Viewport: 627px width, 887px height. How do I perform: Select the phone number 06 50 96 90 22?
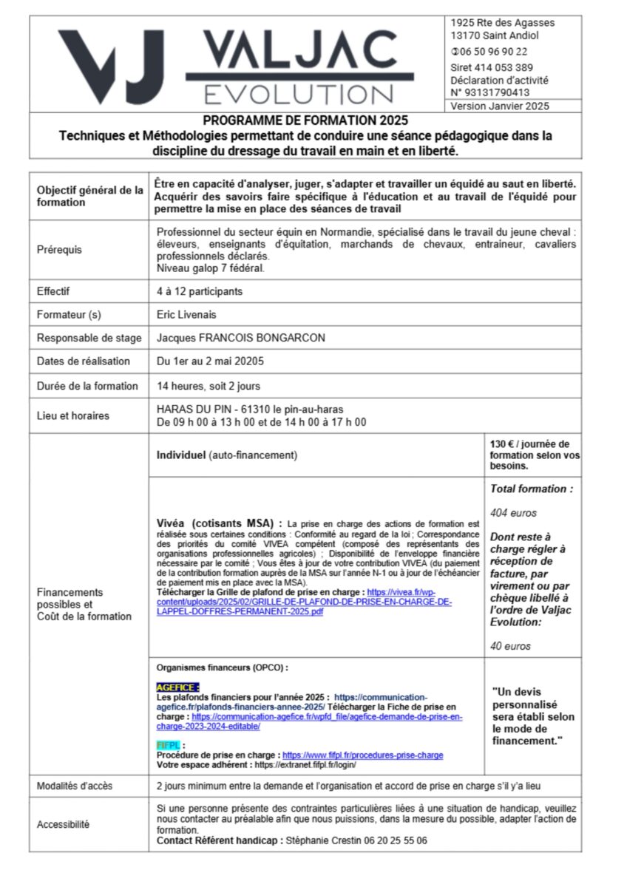[x=492, y=52]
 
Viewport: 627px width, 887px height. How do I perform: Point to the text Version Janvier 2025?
[x=500, y=106]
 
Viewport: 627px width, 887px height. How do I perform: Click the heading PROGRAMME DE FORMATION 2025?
[x=305, y=120]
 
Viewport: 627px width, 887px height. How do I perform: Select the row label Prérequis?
[x=60, y=250]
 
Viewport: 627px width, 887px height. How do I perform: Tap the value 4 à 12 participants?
[x=199, y=291]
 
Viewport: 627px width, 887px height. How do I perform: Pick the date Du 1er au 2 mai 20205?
[x=211, y=361]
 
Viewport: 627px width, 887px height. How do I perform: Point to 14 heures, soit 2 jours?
[x=209, y=386]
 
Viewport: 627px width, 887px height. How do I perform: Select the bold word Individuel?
[x=181, y=455]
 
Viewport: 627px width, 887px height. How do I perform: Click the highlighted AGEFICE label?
[x=177, y=687]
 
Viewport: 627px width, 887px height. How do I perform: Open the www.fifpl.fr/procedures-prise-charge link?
[x=362, y=755]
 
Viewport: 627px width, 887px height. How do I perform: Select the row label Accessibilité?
[x=63, y=824]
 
